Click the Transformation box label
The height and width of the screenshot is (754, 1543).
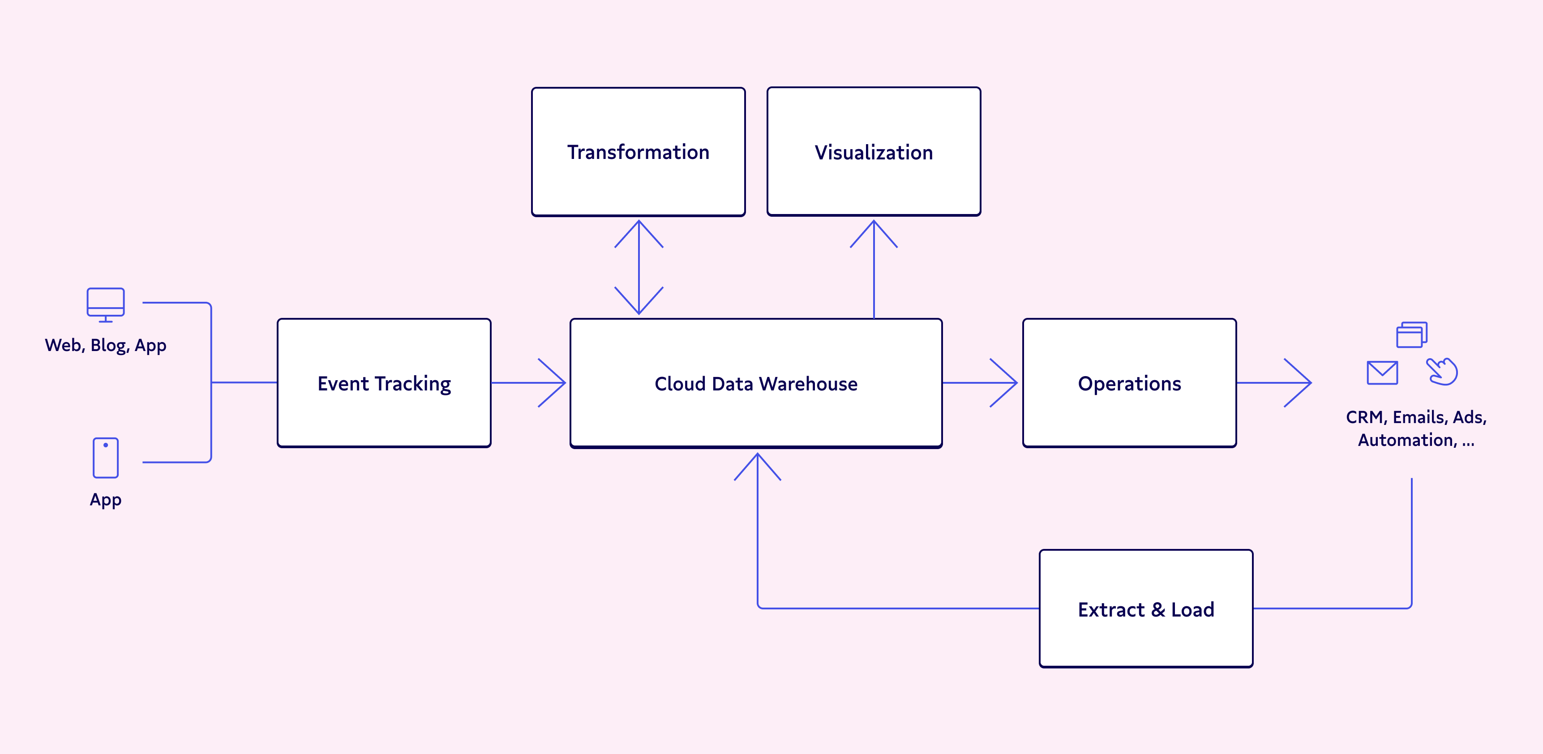(x=638, y=152)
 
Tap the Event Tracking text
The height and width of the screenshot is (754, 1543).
(x=384, y=383)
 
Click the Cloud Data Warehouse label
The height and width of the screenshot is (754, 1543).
(x=755, y=383)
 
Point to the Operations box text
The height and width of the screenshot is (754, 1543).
(x=1129, y=383)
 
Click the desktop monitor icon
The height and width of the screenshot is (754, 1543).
(x=105, y=304)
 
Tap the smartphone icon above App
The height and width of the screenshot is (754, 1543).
(x=105, y=458)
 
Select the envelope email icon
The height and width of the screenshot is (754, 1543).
(x=1382, y=373)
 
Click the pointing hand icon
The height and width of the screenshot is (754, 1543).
(x=1442, y=371)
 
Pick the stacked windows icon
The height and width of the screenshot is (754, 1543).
(x=1411, y=334)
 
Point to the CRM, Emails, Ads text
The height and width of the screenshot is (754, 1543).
(x=1416, y=417)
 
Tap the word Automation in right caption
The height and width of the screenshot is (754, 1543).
(x=1406, y=440)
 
